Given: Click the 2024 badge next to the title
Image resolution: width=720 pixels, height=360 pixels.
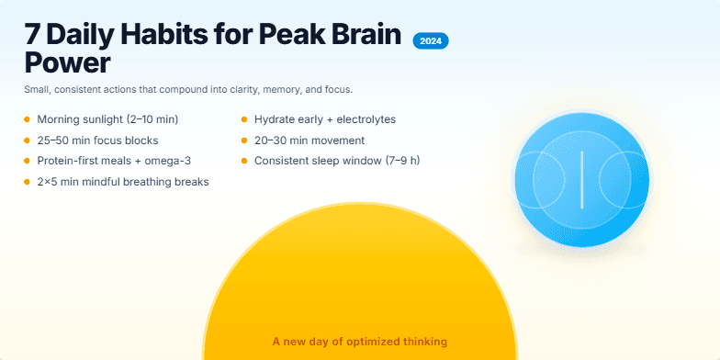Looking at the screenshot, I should (430, 41).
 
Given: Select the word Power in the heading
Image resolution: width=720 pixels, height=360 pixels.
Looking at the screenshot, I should (67, 65).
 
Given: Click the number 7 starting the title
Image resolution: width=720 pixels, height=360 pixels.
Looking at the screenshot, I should (33, 38).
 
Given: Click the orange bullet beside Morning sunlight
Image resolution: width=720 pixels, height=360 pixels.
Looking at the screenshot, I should (27, 119).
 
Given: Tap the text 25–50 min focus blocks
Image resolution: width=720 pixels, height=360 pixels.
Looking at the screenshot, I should (97, 141).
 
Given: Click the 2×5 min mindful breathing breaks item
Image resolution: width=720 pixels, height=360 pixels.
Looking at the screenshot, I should (123, 182).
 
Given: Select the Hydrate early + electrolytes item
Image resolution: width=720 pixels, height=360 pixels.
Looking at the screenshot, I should (325, 119).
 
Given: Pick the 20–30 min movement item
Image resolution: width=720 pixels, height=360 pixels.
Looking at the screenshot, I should (309, 141).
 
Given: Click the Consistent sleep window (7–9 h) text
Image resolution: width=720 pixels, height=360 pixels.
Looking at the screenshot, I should (337, 161).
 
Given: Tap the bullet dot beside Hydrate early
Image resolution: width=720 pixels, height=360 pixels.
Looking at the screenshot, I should (244, 119).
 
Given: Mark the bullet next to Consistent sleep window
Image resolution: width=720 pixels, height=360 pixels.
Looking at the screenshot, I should (244, 161).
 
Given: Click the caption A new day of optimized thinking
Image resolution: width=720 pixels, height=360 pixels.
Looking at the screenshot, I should (360, 342).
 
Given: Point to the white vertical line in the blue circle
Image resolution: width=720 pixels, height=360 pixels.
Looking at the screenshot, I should (580, 178).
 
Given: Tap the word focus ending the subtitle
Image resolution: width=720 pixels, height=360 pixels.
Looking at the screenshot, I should (337, 90).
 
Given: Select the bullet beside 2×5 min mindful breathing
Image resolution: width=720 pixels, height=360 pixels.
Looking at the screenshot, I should (27, 182).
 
